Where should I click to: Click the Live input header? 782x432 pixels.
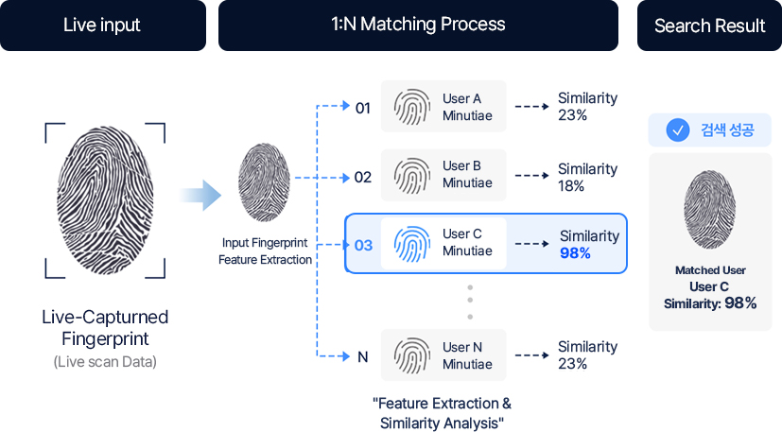(102, 25)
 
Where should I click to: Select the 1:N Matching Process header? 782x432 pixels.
(418, 25)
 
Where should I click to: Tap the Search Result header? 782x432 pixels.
(709, 25)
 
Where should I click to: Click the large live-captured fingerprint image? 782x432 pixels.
(105, 200)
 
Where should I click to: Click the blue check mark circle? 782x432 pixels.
(678, 130)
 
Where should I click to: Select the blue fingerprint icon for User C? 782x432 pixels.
(412, 244)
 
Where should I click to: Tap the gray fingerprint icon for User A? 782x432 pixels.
(412, 107)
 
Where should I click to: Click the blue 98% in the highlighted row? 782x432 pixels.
(575, 253)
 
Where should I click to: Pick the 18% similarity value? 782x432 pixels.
(571, 186)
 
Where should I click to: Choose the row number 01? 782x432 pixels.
(362, 108)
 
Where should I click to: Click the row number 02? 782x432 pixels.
(362, 177)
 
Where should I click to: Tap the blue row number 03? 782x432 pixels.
(363, 246)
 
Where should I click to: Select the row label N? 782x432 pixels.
(362, 357)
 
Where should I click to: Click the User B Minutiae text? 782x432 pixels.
(467, 174)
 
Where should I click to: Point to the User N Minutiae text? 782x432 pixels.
(467, 355)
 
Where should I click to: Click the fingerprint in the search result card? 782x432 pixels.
(710, 210)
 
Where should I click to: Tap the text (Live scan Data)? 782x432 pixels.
(105, 362)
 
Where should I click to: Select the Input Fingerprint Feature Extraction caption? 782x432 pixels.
(265, 251)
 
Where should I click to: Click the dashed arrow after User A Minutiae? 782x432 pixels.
(531, 106)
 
